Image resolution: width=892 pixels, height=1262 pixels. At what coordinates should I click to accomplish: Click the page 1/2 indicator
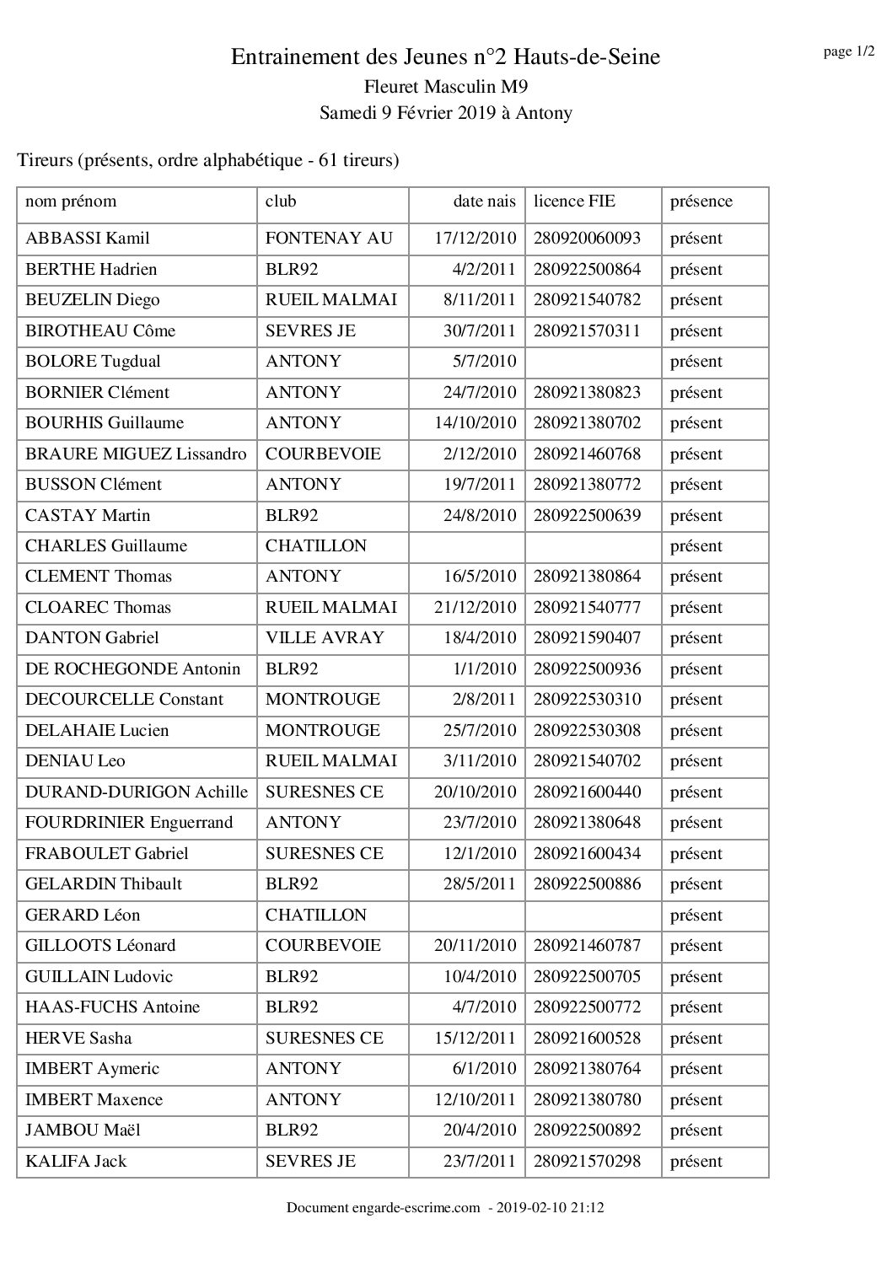coord(848,52)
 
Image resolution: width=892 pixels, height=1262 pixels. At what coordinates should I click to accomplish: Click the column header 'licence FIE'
coord(574,201)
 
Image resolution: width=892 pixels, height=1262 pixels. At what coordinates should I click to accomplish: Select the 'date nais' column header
coord(484,201)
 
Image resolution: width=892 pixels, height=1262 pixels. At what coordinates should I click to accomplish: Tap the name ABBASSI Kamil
coord(88,239)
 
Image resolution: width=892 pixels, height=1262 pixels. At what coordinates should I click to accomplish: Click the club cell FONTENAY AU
coord(329,239)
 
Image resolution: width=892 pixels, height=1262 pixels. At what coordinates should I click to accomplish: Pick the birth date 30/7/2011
coord(480,330)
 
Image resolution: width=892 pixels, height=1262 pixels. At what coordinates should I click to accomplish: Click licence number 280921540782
coord(587,300)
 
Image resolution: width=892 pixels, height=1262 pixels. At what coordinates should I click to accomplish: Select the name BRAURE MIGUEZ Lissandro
coord(136,454)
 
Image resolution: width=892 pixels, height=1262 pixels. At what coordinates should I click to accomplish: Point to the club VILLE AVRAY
coord(325,638)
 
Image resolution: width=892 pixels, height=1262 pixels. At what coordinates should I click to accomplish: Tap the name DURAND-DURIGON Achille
coord(137,792)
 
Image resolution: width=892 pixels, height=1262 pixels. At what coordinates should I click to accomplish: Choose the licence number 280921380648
coord(587,823)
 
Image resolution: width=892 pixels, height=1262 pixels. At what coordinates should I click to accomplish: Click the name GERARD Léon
coord(83,916)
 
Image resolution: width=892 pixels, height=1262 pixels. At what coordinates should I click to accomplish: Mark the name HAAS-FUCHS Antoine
coord(113,1007)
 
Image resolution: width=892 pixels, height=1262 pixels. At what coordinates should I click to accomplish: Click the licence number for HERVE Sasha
coord(587,1038)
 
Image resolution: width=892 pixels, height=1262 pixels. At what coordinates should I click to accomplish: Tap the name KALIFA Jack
coord(76,1162)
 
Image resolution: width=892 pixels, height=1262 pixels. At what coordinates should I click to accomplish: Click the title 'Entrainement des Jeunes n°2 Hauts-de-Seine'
coord(445,57)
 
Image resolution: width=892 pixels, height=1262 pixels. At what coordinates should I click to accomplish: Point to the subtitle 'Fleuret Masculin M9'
coord(445,86)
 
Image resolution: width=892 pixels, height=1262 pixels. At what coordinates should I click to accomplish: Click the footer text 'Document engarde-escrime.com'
coord(383,1208)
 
